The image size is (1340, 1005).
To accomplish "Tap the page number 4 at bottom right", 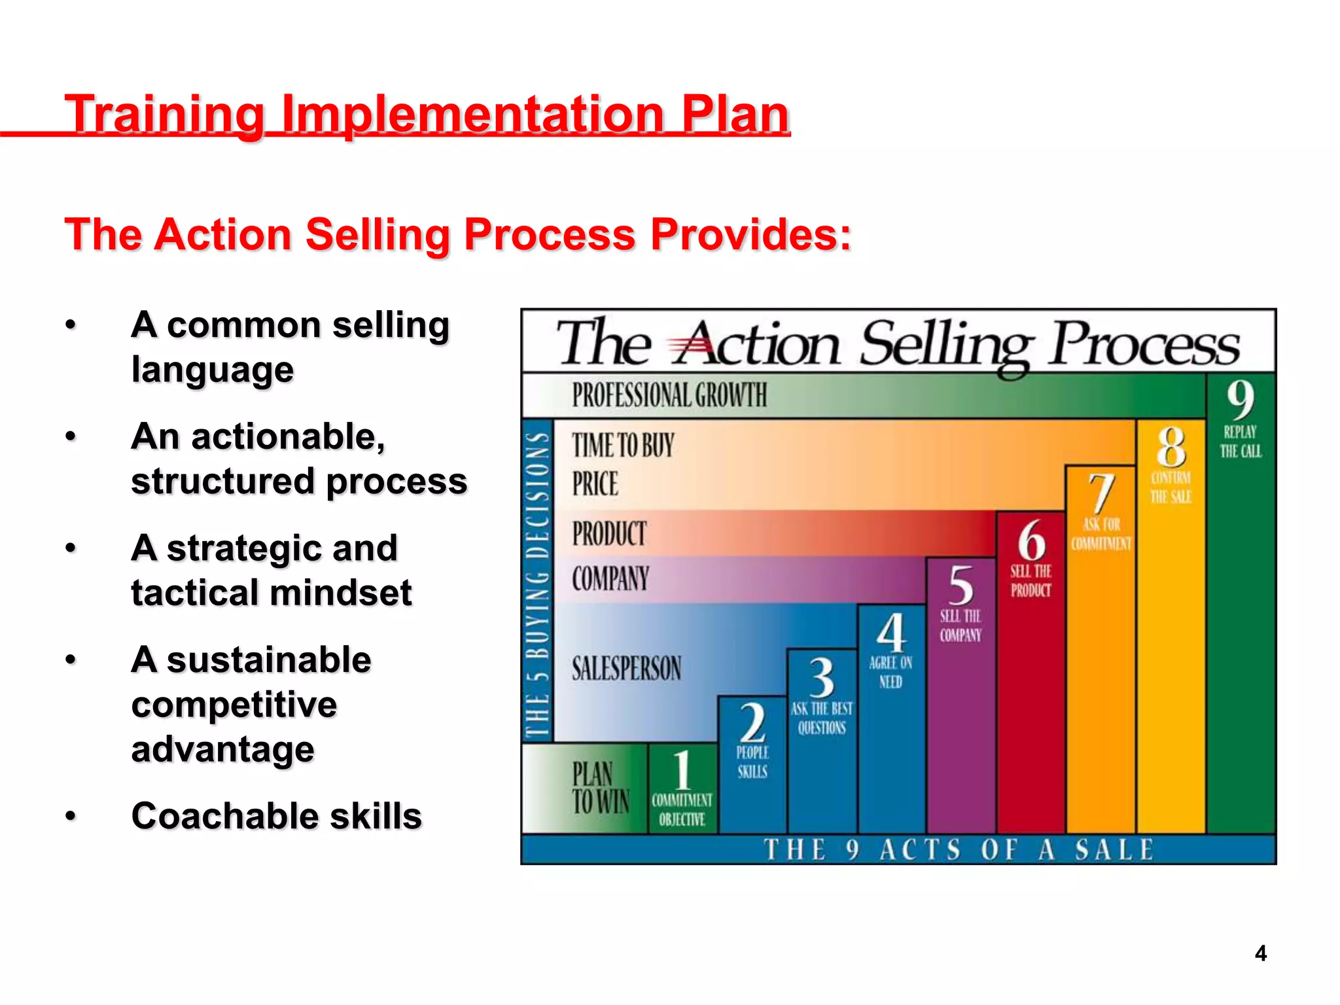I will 1260,953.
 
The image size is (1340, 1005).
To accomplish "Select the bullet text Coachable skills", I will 276,816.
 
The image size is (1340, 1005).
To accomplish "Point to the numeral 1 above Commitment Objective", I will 682,770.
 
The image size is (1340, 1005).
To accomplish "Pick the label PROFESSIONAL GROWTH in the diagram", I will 669,395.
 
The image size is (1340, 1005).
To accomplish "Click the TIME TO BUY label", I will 623,446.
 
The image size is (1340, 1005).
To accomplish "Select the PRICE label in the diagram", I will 595,484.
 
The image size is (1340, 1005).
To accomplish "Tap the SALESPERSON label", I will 626,669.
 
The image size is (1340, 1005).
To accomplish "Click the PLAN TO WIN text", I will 600,788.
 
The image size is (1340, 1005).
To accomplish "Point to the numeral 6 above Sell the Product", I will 1031,540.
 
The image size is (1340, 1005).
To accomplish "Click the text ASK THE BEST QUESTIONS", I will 822,718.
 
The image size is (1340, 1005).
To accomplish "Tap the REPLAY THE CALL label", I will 1240,442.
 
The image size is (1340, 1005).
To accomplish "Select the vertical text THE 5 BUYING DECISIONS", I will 538,582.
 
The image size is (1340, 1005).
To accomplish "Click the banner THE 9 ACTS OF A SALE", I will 959,849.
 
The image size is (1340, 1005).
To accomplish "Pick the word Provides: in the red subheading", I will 750,234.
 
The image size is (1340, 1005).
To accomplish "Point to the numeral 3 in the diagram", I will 822,677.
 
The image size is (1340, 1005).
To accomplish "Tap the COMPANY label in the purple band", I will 610,578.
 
